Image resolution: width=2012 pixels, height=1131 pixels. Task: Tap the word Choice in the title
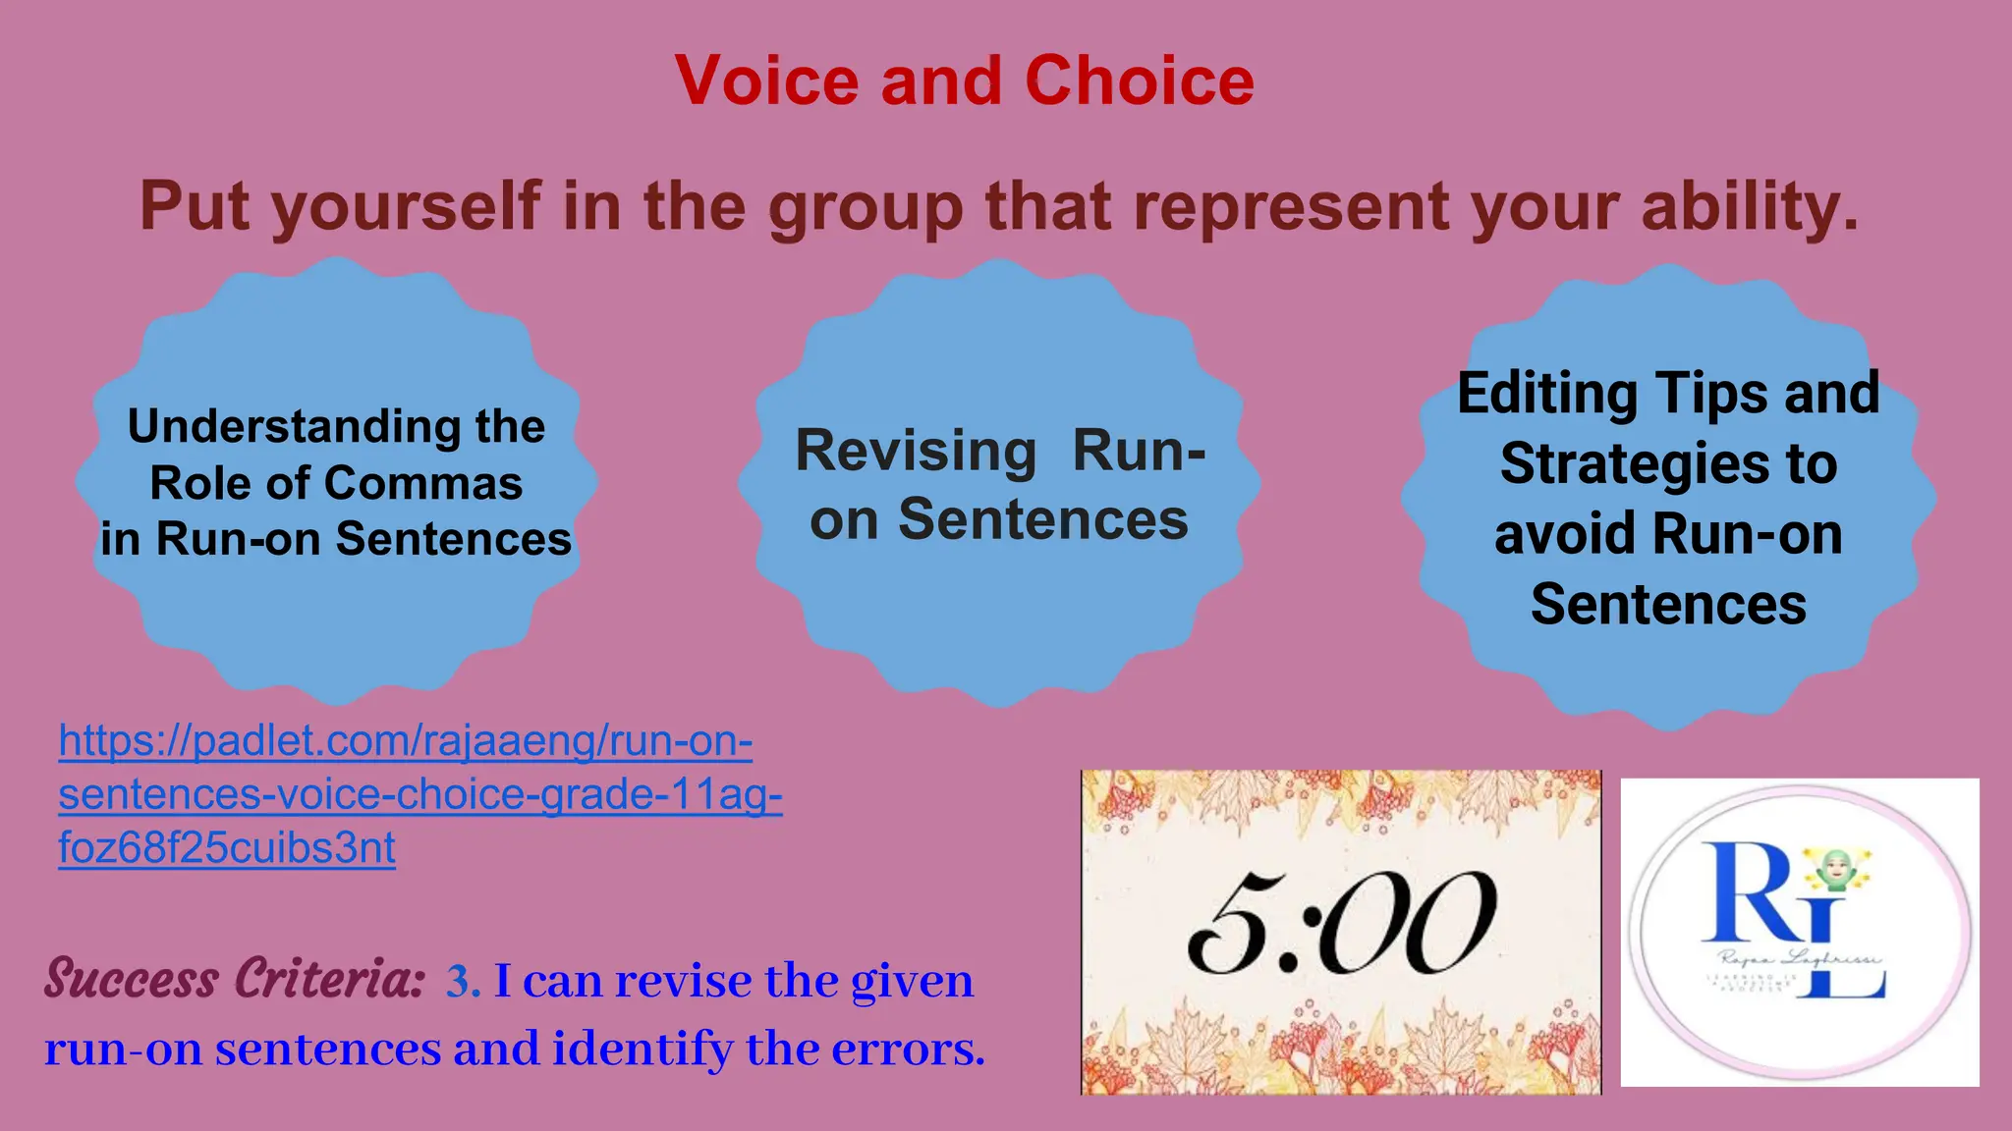[x=1140, y=81]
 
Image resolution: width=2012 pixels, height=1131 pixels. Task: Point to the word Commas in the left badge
[x=423, y=483]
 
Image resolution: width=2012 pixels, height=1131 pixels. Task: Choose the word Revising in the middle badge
[x=916, y=451]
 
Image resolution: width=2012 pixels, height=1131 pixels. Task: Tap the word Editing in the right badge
[x=1546, y=393]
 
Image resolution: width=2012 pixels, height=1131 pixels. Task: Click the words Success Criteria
[x=235, y=979]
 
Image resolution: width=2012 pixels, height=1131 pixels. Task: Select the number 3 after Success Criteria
[x=459, y=981]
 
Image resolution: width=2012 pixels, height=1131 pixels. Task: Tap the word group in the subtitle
[x=865, y=207]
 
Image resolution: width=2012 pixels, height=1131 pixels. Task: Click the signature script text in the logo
[x=1800, y=958]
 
